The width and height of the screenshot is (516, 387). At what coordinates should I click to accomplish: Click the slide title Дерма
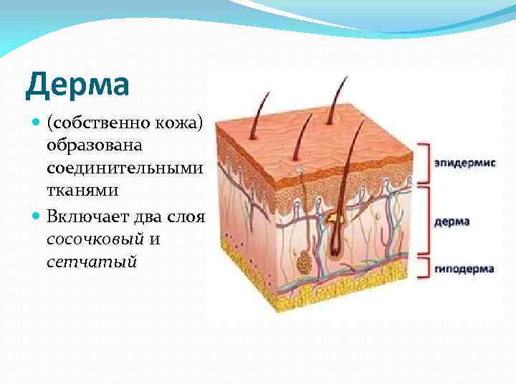coord(77,85)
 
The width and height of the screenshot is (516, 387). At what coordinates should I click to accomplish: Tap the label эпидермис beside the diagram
coord(464,163)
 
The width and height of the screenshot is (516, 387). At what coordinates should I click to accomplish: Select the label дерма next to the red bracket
coord(451,221)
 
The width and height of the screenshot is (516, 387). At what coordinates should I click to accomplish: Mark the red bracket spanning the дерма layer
coord(424,221)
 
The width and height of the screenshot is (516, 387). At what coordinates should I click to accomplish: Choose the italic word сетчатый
coord(91,262)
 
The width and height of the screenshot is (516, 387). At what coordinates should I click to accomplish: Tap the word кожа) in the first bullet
coord(183,123)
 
